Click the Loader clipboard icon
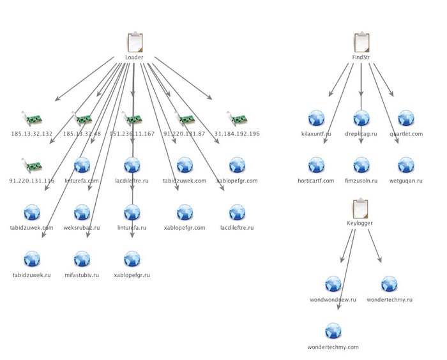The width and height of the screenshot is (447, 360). pos(134,43)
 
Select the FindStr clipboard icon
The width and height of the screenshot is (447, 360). pos(361,43)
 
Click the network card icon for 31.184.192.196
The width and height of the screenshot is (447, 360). pos(237,119)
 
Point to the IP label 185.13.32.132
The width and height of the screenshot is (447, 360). pos(33,134)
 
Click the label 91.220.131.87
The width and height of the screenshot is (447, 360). pos(185,134)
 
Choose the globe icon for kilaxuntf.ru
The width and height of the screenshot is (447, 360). pos(317,119)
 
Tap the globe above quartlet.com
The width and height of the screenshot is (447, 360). pos(406,119)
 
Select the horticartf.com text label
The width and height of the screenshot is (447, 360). pos(317,181)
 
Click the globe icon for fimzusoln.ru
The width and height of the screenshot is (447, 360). pos(361,165)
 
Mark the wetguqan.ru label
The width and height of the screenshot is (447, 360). pos(406,181)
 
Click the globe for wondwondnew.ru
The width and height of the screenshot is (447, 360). pos(333,285)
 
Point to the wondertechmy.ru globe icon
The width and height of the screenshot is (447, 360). pos(390,285)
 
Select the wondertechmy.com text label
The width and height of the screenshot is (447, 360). pos(333,347)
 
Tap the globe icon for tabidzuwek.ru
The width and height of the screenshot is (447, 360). pos(32,259)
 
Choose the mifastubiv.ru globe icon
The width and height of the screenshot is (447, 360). pos(82,259)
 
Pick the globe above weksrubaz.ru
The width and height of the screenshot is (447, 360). pos(82,212)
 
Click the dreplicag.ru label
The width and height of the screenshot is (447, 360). pos(361,134)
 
